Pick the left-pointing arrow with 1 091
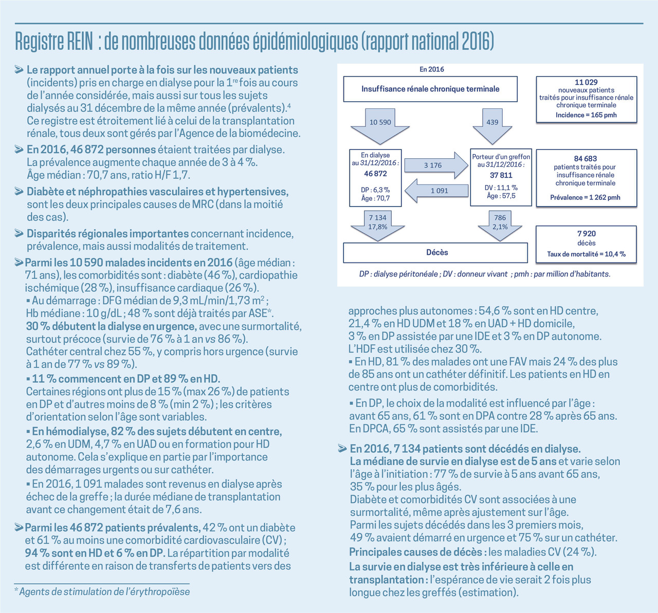click(437, 190)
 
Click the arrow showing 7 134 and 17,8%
click(377, 224)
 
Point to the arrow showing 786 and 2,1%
click(500, 224)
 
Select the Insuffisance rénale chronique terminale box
click(430, 89)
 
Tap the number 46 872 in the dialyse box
click(375, 174)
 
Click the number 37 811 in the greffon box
click(501, 175)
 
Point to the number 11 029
click(586, 82)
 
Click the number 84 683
click(586, 159)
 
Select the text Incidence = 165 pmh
click(586, 115)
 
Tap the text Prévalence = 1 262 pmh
click(585, 197)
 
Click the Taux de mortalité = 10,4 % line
click(586, 254)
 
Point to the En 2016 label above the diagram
click(432, 69)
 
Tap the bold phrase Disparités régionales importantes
click(107, 234)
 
